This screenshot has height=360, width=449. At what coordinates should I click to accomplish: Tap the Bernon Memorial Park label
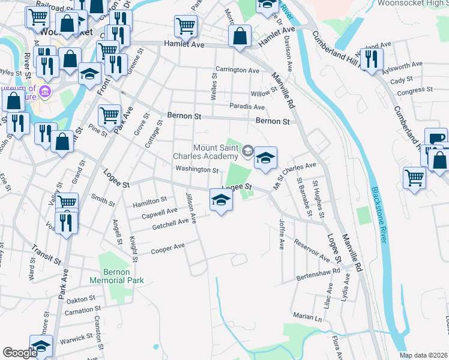tap(109, 276)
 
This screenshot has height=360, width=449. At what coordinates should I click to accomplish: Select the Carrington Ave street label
tap(237, 70)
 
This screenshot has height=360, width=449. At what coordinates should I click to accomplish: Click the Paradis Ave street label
tap(247, 107)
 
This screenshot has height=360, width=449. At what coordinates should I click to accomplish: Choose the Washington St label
tap(197, 170)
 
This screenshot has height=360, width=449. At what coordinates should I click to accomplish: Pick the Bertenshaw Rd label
tap(318, 275)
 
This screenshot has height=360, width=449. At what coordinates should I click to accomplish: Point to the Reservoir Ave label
tap(312, 251)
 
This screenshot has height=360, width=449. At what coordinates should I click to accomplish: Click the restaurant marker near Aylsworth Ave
tap(372, 59)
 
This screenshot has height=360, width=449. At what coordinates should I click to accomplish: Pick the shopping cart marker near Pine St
tap(109, 115)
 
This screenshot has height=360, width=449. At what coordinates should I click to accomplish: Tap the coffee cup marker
tap(436, 138)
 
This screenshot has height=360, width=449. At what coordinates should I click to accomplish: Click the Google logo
tap(20, 353)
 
